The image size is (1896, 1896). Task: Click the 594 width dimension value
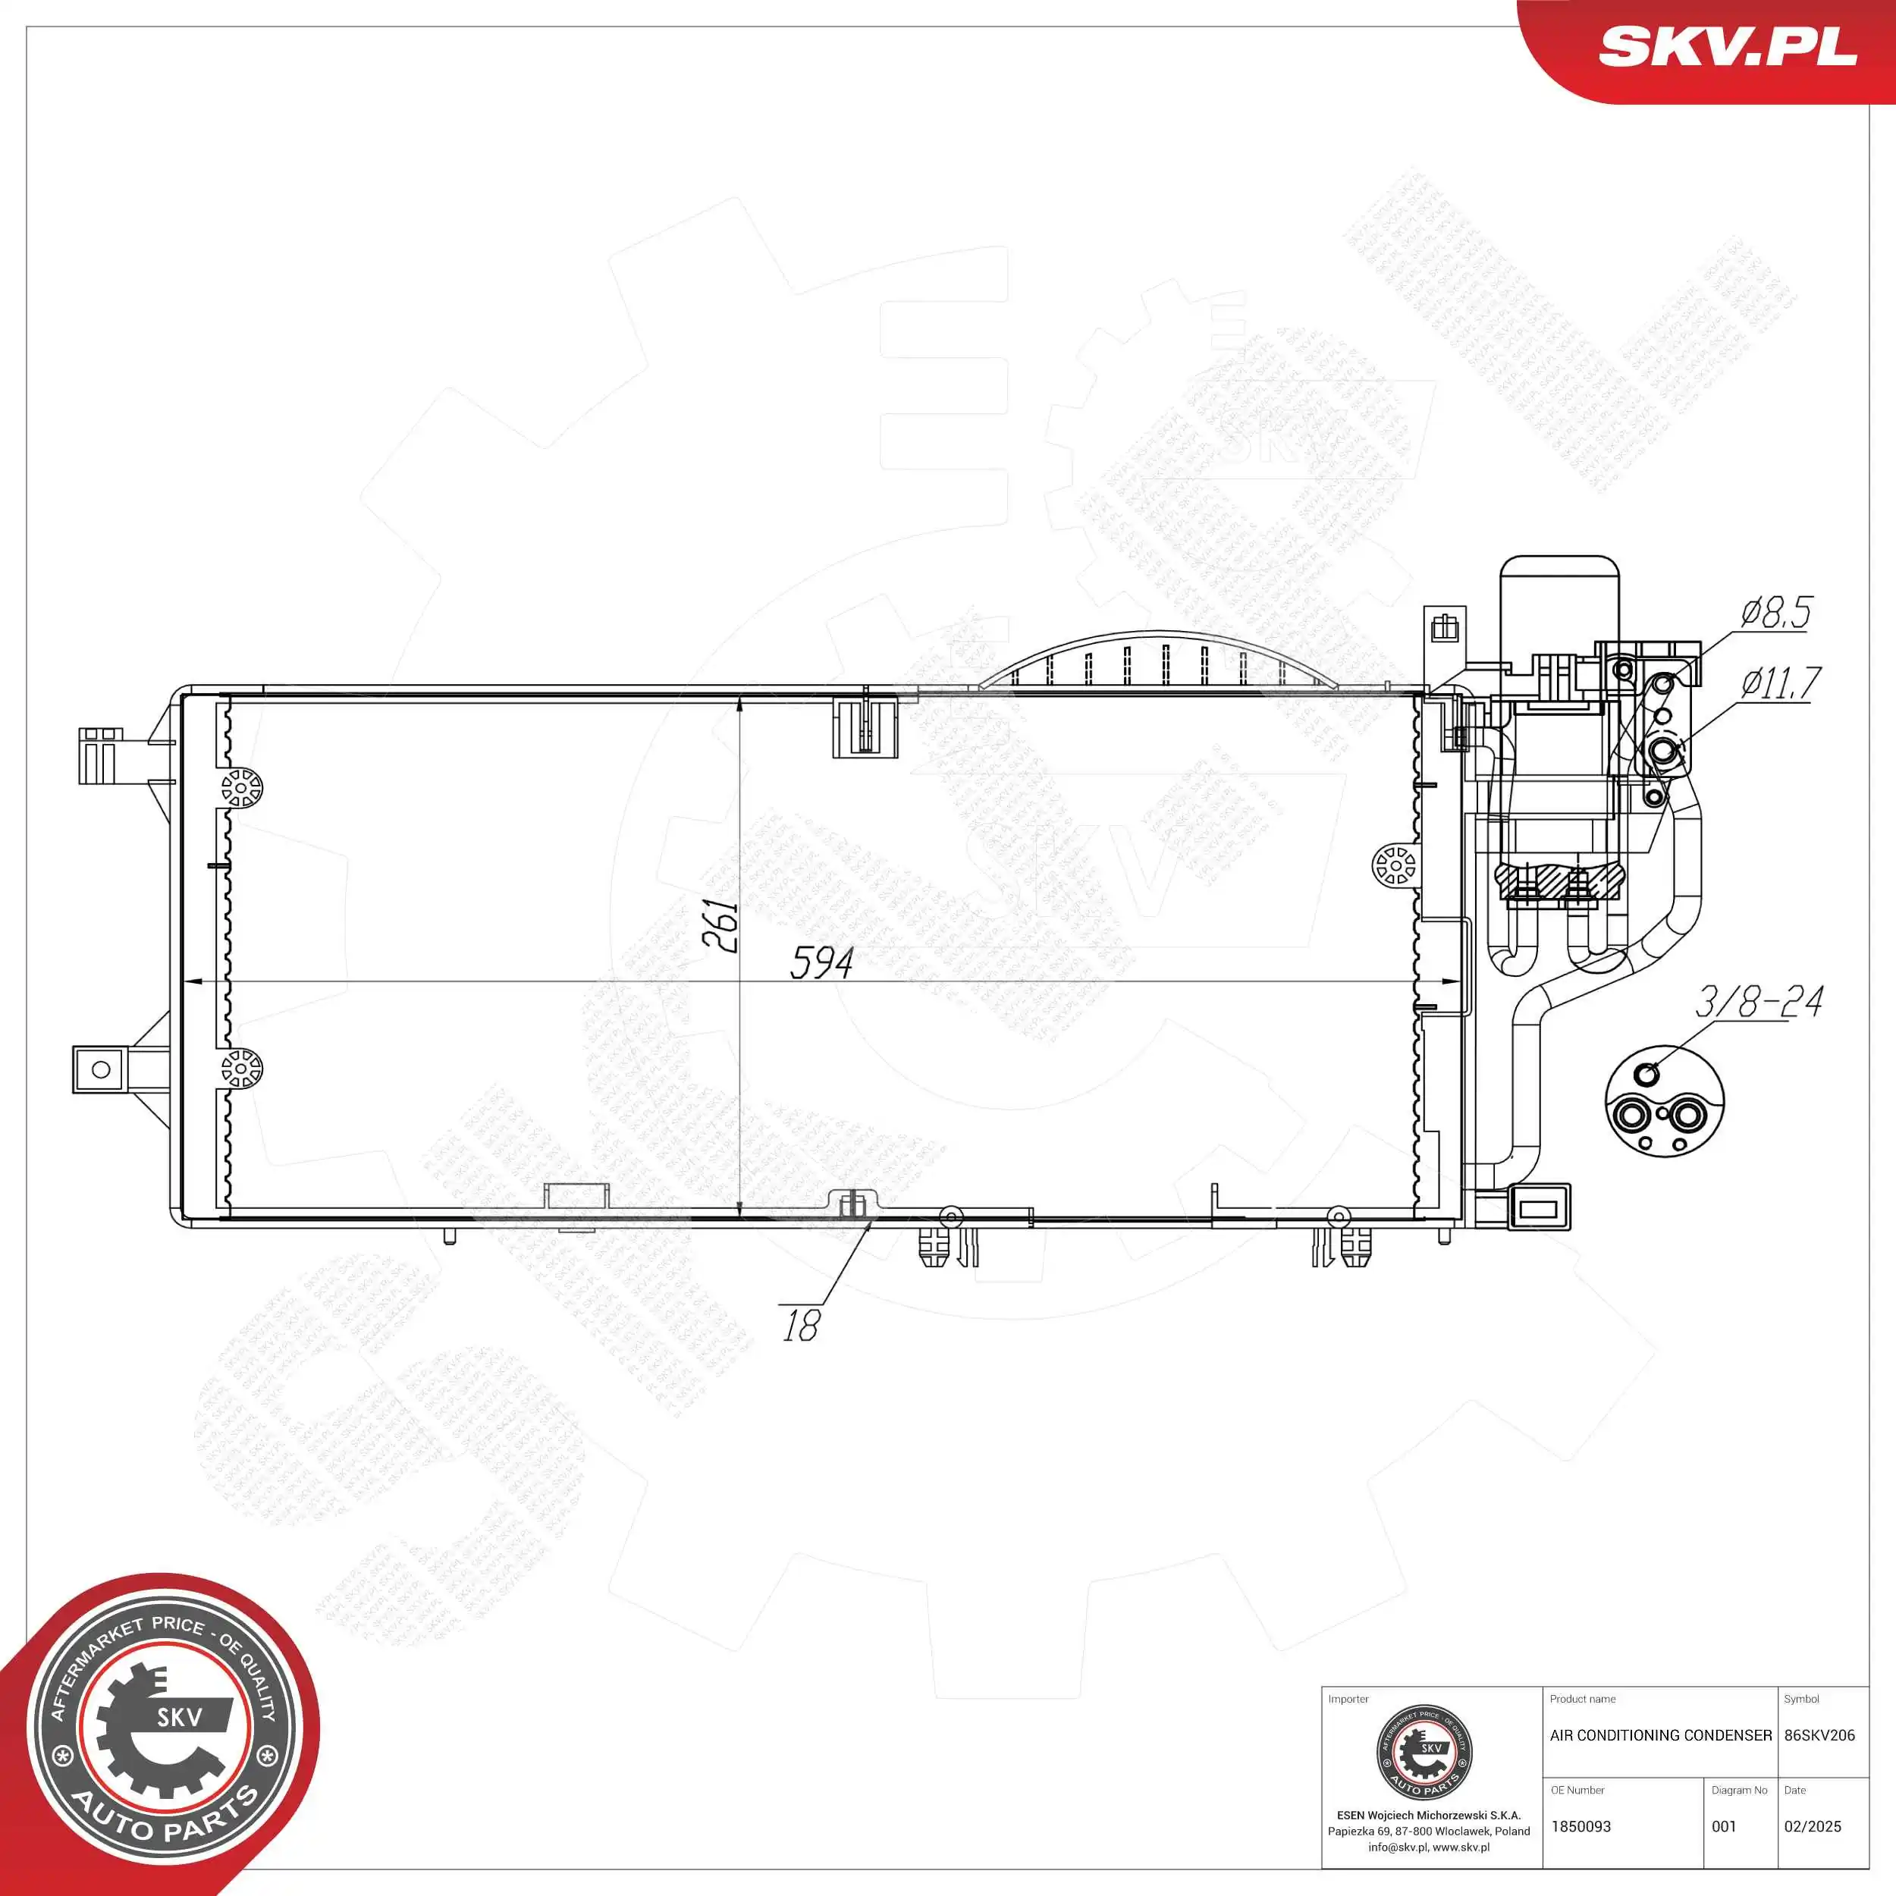click(x=821, y=962)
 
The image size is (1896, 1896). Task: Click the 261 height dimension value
click(x=721, y=924)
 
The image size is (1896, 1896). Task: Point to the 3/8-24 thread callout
click(x=1759, y=1002)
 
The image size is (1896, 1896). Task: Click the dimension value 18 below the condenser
click(x=801, y=1326)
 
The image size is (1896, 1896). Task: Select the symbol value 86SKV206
click(x=1819, y=1735)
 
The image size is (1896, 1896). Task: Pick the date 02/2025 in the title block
click(x=1813, y=1826)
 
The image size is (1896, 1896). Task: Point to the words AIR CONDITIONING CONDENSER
click(x=1660, y=1735)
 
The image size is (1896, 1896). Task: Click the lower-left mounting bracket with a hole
click(x=100, y=1069)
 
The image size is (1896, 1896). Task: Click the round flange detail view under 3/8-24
click(x=1663, y=1102)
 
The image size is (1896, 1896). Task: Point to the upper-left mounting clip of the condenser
click(x=99, y=755)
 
